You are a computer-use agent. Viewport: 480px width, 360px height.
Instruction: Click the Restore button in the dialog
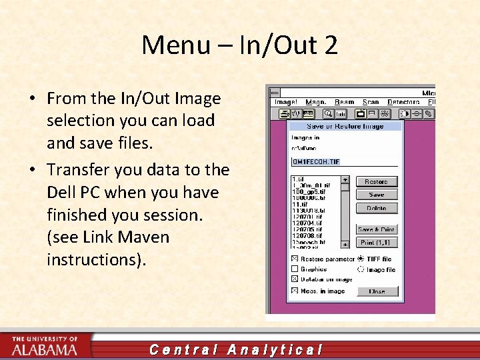[x=376, y=181]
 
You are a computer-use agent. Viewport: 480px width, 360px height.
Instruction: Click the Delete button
[x=376, y=208]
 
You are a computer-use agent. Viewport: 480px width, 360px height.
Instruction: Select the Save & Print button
[x=376, y=229]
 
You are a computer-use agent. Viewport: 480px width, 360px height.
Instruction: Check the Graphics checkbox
[x=294, y=269]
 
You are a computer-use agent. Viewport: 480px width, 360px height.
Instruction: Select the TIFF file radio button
[x=361, y=259]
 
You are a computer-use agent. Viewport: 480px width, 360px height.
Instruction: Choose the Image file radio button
[x=361, y=269]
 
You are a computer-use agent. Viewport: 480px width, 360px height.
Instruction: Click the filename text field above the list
[x=343, y=161]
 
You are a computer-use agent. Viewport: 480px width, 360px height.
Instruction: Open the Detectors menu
[x=403, y=102]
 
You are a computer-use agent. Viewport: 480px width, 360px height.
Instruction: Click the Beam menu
[x=344, y=102]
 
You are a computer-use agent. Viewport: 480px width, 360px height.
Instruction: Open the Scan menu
[x=371, y=102]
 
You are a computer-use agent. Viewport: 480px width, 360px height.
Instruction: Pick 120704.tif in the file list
[x=307, y=223]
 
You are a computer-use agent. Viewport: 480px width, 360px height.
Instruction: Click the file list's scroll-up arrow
[x=345, y=179]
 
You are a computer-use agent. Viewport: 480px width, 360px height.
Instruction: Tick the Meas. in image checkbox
[x=294, y=291]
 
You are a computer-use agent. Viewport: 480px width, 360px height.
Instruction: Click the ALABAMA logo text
[x=44, y=349]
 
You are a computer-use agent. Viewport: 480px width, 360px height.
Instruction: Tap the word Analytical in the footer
[x=275, y=349]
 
